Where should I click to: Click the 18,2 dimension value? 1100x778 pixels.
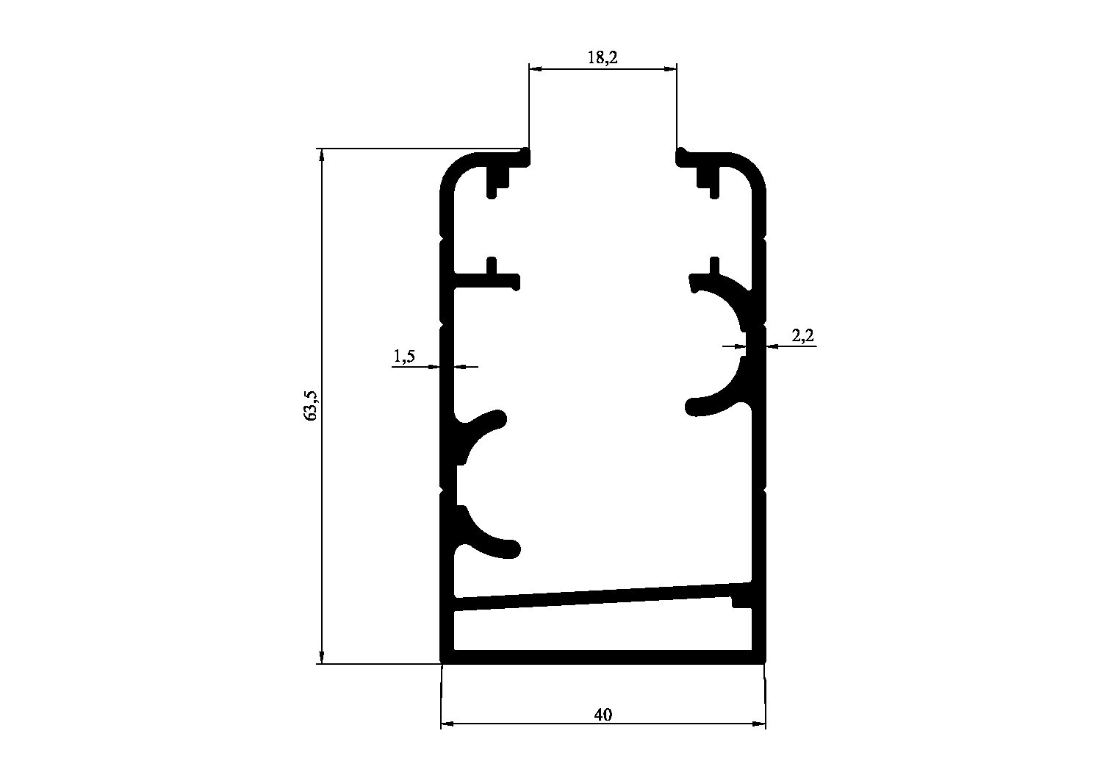point(603,57)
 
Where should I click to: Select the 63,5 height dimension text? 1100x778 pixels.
point(312,405)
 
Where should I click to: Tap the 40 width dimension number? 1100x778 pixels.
point(603,715)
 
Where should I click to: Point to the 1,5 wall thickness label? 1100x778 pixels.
point(404,356)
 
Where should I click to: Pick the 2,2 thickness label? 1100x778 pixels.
point(802,335)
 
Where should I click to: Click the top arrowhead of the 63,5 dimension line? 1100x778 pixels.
point(322,154)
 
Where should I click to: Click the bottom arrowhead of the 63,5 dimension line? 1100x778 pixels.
point(322,657)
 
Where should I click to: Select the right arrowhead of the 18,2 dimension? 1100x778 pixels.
point(670,69)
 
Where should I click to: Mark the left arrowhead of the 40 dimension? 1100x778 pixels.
point(447,724)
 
